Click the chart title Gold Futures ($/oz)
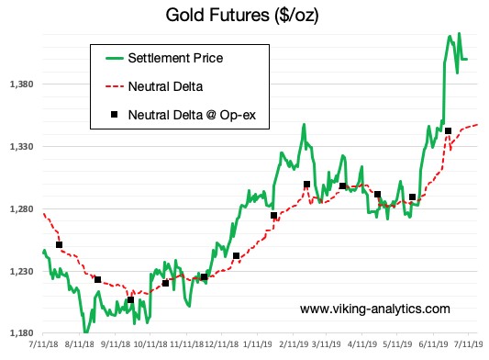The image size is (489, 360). click(x=242, y=16)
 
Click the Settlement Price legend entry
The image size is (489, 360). click(x=175, y=59)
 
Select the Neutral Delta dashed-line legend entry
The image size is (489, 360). click(x=166, y=86)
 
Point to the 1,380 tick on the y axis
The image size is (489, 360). click(x=19, y=84)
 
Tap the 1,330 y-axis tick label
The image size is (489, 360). click(x=19, y=147)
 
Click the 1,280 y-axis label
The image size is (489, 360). click(x=19, y=209)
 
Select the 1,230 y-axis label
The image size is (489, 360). click(x=19, y=272)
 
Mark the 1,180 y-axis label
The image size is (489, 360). click(x=19, y=334)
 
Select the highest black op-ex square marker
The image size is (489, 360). click(x=448, y=131)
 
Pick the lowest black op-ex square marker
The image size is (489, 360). click(x=130, y=300)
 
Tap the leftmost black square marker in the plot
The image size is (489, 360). click(x=60, y=244)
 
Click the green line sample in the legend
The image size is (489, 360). click(x=114, y=59)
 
